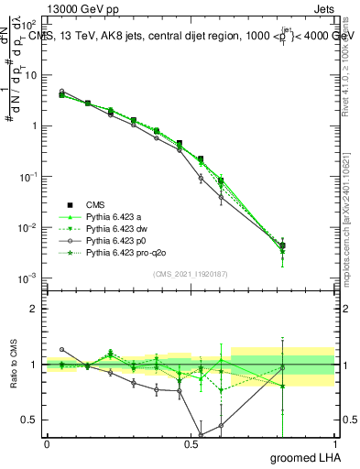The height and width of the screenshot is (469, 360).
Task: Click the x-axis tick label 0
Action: click(x=47, y=443)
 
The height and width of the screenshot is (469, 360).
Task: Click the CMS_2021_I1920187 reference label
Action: click(x=190, y=273)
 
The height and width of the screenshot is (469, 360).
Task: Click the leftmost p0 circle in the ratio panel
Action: click(x=61, y=349)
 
